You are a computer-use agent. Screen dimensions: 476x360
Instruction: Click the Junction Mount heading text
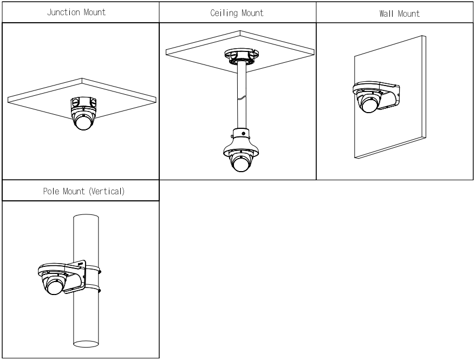coord(76,12)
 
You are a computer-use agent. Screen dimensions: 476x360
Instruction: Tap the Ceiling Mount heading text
coord(237,13)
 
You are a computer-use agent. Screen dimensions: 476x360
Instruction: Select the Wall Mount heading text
coord(400,14)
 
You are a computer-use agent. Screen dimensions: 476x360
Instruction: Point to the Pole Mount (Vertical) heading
coord(84,191)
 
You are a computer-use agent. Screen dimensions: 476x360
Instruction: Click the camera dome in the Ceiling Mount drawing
coord(241,162)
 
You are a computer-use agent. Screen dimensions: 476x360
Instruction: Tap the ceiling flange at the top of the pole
coord(242,56)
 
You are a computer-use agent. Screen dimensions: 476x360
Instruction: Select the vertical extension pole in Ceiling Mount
coord(242,96)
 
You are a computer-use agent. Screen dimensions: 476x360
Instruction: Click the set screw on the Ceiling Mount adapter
coord(243,133)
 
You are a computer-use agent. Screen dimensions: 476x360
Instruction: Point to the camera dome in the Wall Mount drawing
coord(368,103)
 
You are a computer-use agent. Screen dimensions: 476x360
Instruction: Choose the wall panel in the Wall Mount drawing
coord(390,97)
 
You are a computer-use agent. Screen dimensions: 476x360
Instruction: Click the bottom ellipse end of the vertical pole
coord(86,344)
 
